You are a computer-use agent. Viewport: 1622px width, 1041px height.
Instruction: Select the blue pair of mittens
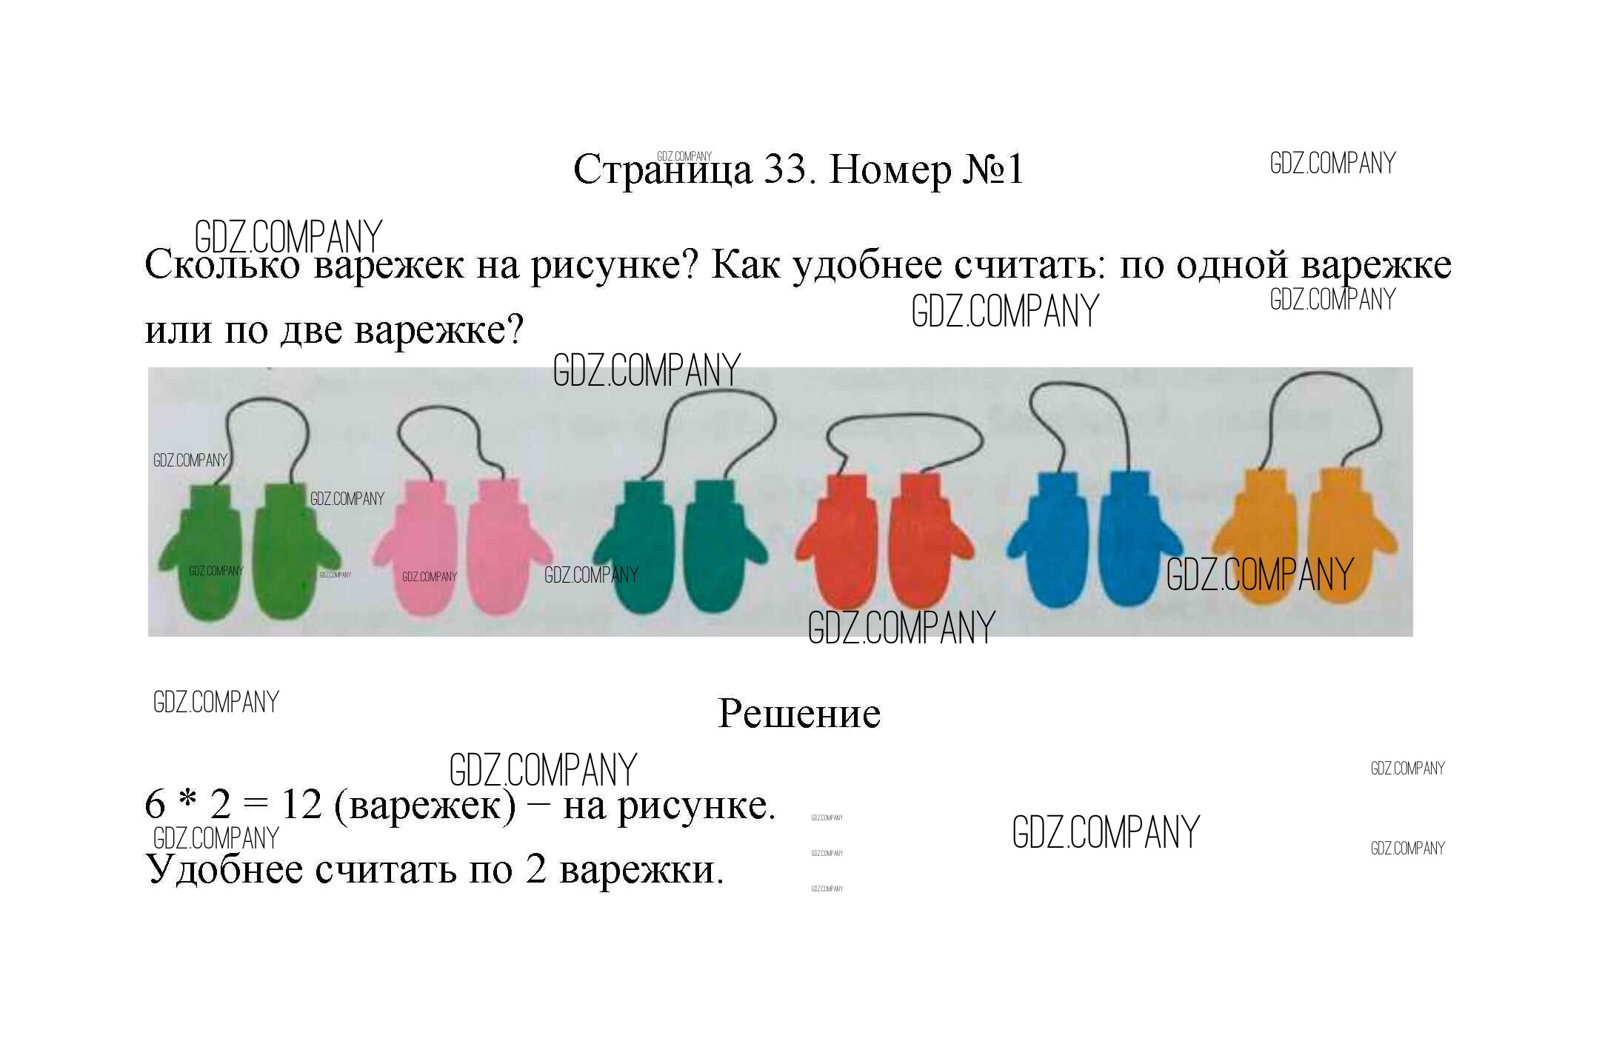1094,539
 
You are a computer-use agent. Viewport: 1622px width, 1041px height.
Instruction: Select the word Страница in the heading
663,170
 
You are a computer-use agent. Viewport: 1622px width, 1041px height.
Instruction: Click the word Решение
799,714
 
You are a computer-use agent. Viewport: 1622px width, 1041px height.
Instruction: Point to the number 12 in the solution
301,805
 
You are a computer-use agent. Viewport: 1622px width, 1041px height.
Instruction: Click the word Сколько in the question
222,265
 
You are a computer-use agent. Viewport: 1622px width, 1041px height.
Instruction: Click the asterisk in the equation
188,800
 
